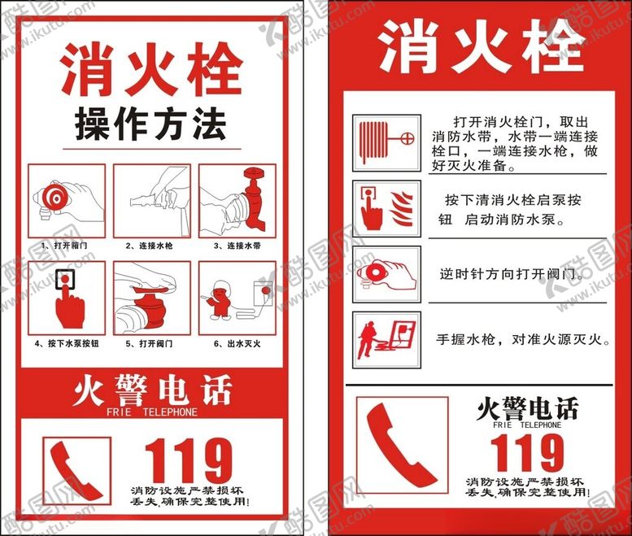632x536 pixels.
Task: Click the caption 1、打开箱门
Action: pyautogui.click(x=64, y=246)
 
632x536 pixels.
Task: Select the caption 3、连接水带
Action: pyautogui.click(x=237, y=246)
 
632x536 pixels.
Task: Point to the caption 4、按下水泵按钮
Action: pyautogui.click(x=67, y=343)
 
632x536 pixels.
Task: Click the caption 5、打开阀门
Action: pyautogui.click(x=149, y=343)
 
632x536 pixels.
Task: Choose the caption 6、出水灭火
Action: pyautogui.click(x=237, y=343)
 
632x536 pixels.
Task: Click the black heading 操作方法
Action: pyautogui.click(x=150, y=124)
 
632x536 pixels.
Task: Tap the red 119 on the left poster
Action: pyautogui.click(x=188, y=461)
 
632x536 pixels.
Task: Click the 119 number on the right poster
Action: pyautogui.click(x=527, y=452)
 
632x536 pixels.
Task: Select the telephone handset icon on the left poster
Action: pyautogui.click(x=76, y=471)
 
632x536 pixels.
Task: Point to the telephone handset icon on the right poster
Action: pyautogui.click(x=402, y=445)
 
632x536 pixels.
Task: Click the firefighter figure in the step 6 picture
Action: pyautogui.click(x=220, y=300)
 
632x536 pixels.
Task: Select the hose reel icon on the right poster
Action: pyautogui.click(x=386, y=142)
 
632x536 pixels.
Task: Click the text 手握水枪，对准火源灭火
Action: pyautogui.click(x=523, y=339)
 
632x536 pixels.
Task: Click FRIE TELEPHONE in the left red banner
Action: pyautogui.click(x=152, y=412)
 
